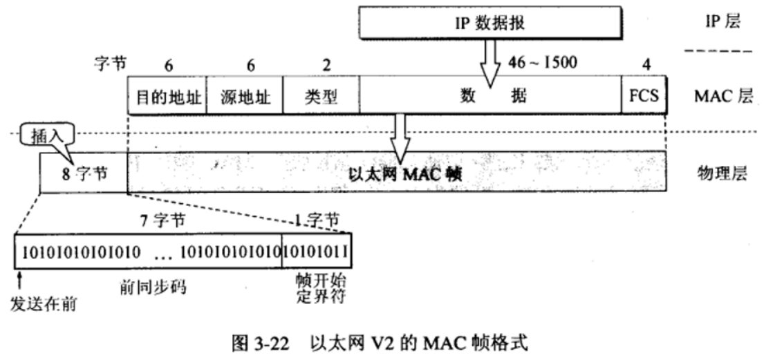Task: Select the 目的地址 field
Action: pyautogui.click(x=168, y=97)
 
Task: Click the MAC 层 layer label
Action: pyautogui.click(x=722, y=97)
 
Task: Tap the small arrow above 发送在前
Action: pyautogui.click(x=21, y=278)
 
